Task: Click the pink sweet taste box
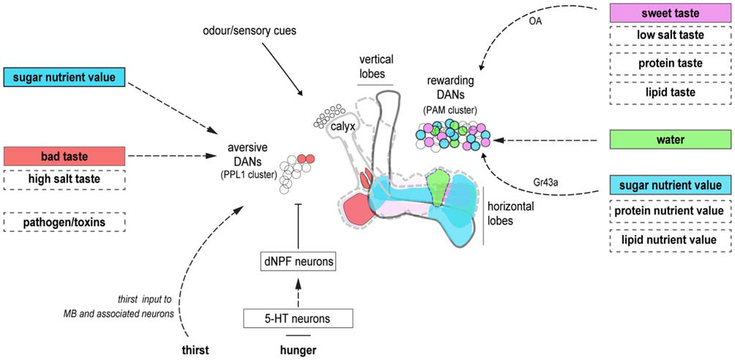click(671, 13)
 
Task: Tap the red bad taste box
click(64, 156)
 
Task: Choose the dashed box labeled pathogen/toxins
click(64, 221)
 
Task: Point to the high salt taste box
click(64, 177)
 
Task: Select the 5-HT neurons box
click(298, 318)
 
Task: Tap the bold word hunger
click(298, 350)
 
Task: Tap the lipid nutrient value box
click(671, 239)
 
